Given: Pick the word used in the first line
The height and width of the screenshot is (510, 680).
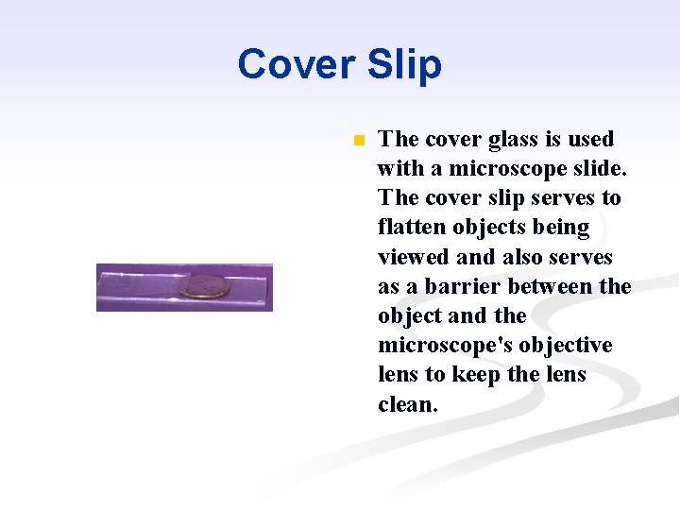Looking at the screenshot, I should [591, 140].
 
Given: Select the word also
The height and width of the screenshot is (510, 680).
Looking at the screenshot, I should [523, 258].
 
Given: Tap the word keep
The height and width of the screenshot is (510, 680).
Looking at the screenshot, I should [476, 375].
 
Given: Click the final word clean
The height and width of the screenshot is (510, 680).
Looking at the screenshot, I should [407, 404].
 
